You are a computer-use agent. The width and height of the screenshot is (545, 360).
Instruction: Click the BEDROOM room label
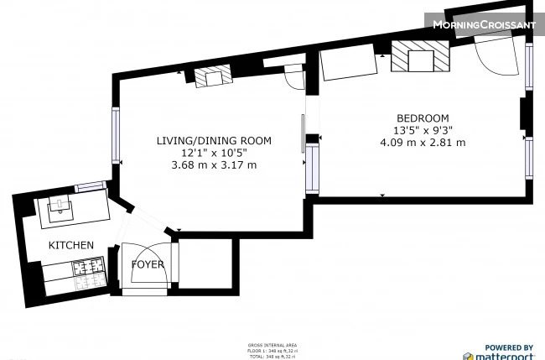(x=422, y=117)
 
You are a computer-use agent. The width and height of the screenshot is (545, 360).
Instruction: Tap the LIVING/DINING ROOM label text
(x=214, y=141)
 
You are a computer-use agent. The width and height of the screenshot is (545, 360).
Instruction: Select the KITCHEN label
(x=70, y=245)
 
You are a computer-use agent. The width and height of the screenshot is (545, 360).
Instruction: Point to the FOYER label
(x=148, y=265)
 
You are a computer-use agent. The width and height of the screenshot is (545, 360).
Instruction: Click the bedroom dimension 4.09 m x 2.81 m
(x=422, y=142)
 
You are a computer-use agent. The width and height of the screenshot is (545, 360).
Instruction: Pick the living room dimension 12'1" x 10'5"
(x=214, y=153)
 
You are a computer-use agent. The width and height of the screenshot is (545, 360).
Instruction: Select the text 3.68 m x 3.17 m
(x=214, y=164)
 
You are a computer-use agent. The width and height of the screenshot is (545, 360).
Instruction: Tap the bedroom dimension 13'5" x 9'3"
(x=422, y=130)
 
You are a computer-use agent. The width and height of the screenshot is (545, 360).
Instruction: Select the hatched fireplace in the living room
(x=210, y=78)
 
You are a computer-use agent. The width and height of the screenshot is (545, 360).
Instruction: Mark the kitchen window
(x=88, y=186)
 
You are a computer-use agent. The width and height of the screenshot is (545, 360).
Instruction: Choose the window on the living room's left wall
(x=117, y=135)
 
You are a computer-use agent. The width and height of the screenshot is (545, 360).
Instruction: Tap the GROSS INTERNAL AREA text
(x=272, y=345)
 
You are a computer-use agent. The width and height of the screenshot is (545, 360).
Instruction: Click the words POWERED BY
(x=509, y=347)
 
